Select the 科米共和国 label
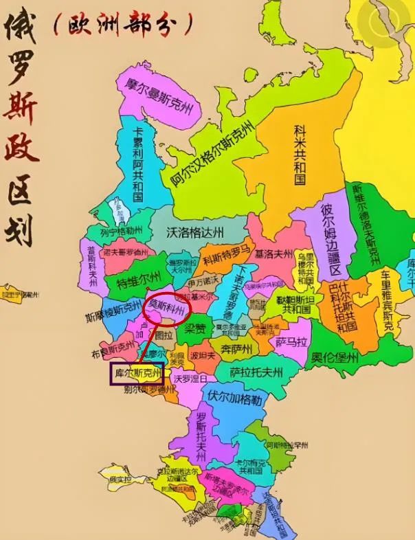300,155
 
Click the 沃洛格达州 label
195,232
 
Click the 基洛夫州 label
273,254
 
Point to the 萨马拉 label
291,341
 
